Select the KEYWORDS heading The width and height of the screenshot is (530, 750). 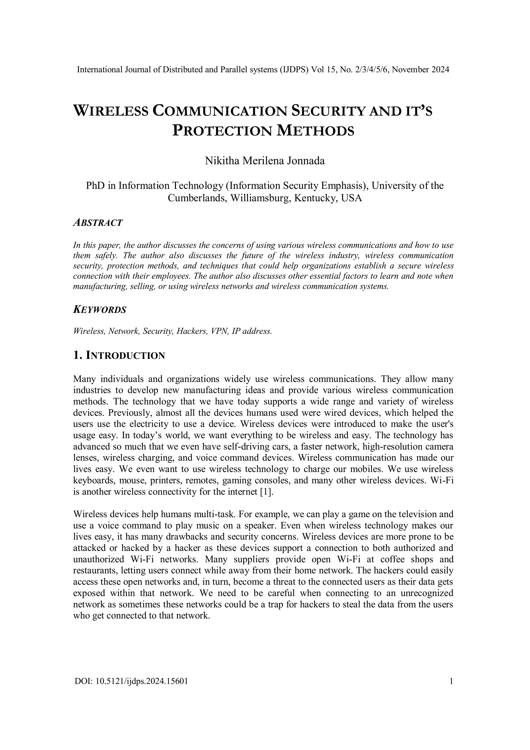pos(100,310)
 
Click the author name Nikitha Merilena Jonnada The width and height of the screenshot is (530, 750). pos(264,161)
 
